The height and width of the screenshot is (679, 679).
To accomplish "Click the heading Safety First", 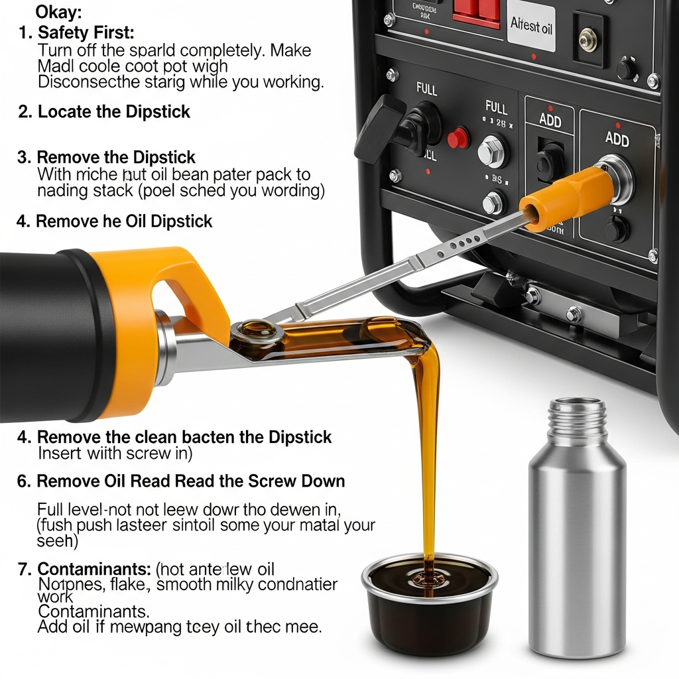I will click(86, 32).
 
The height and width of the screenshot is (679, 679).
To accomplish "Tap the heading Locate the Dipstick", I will click(114, 111).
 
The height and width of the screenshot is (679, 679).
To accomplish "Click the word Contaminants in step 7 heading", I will click(93, 569).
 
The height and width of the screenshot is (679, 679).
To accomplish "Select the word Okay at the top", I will click(59, 11).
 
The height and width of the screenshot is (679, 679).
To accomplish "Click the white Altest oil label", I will click(530, 27).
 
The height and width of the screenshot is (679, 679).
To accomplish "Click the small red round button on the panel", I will click(458, 138).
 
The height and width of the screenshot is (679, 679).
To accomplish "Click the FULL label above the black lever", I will click(426, 88).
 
